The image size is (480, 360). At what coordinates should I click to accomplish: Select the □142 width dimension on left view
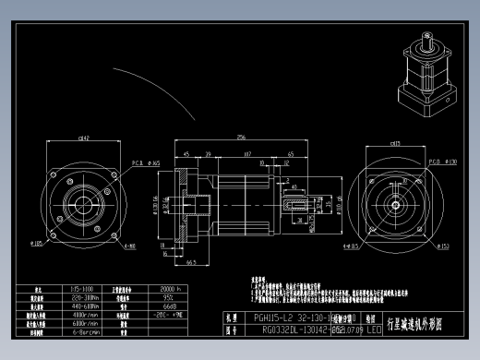pyautogui.click(x=84, y=140)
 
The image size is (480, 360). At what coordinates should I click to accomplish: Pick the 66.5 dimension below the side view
pyautogui.click(x=190, y=262)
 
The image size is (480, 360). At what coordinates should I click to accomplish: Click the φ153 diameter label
pyautogui.click(x=443, y=246)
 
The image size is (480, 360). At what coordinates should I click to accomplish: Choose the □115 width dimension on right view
pyautogui.click(x=396, y=144)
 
